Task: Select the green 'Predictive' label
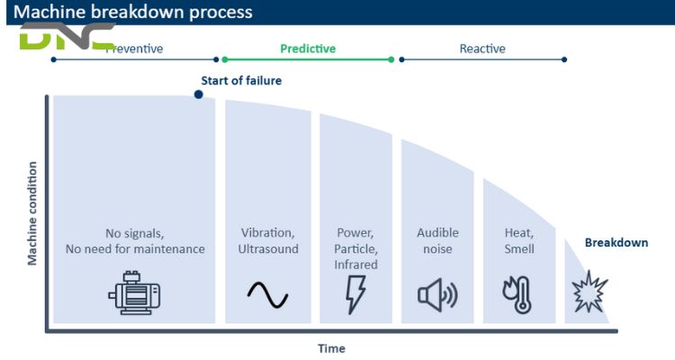(308, 49)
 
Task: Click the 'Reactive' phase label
(482, 49)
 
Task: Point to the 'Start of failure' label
(241, 81)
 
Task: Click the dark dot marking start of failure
(199, 94)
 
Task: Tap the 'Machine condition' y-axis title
(32, 213)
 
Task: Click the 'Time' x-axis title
(331, 348)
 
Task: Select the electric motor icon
(134, 293)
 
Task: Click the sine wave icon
(267, 294)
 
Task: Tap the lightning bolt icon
(356, 294)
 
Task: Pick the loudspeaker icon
(437, 294)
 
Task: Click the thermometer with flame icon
(518, 294)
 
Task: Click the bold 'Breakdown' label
(616, 243)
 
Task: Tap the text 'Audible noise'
(437, 240)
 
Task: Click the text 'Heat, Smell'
(519, 240)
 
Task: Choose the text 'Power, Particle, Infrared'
(356, 248)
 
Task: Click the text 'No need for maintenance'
(135, 248)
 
